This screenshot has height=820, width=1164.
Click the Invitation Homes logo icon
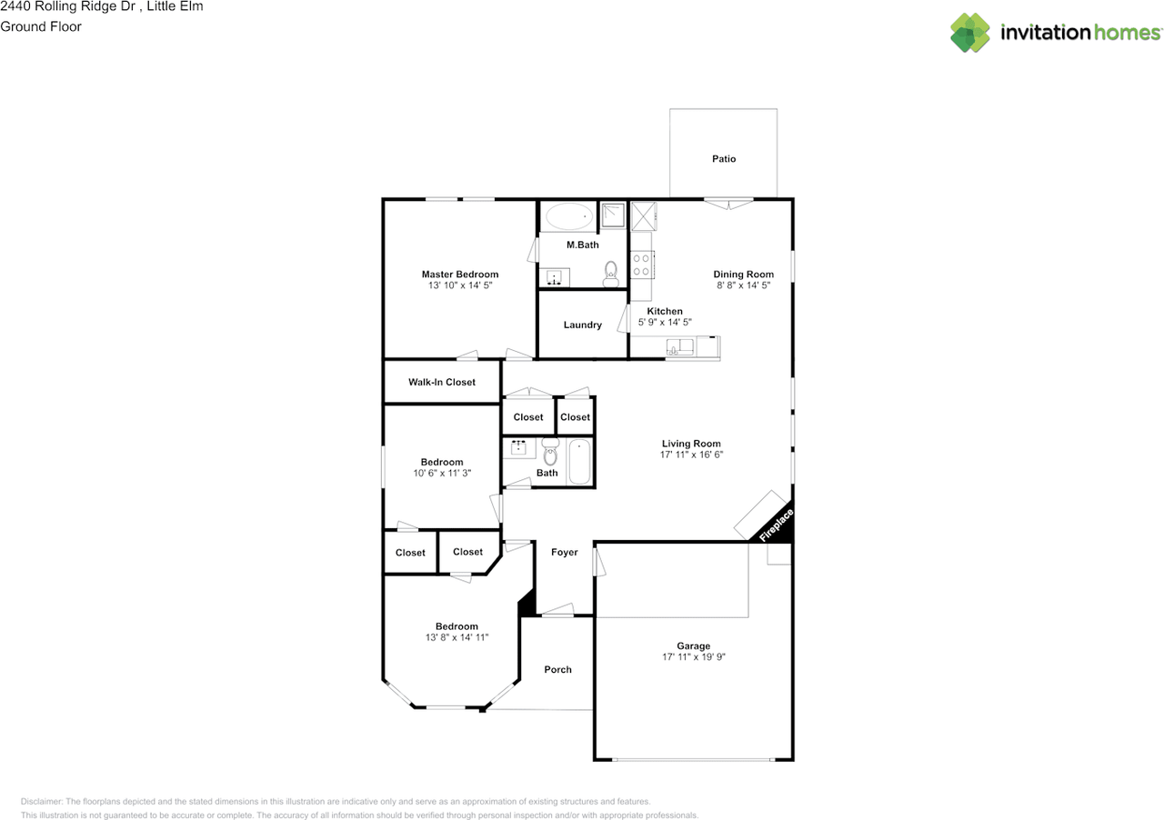pyautogui.click(x=970, y=33)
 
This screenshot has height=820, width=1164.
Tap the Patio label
pyautogui.click(x=724, y=159)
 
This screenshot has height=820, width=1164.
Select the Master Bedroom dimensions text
pyautogui.click(x=460, y=285)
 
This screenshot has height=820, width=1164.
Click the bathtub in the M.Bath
pyautogui.click(x=568, y=216)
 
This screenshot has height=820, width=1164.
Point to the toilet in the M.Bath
pyautogui.click(x=611, y=271)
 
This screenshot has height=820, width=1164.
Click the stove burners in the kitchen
pyautogui.click(x=641, y=265)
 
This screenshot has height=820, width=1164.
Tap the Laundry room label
pyautogui.click(x=582, y=325)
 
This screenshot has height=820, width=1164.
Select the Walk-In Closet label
pyautogui.click(x=442, y=382)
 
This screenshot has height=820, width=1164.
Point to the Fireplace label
pyautogui.click(x=777, y=525)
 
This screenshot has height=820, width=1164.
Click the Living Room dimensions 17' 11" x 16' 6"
pyautogui.click(x=692, y=455)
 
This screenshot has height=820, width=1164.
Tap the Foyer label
pyautogui.click(x=565, y=552)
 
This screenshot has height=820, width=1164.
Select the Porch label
pyautogui.click(x=557, y=669)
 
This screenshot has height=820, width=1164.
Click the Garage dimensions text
pyautogui.click(x=694, y=656)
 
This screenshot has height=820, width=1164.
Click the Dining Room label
pyautogui.click(x=743, y=274)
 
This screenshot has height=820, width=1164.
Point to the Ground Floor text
pyautogui.click(x=41, y=26)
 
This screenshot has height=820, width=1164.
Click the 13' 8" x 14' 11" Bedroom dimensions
pyautogui.click(x=457, y=637)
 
